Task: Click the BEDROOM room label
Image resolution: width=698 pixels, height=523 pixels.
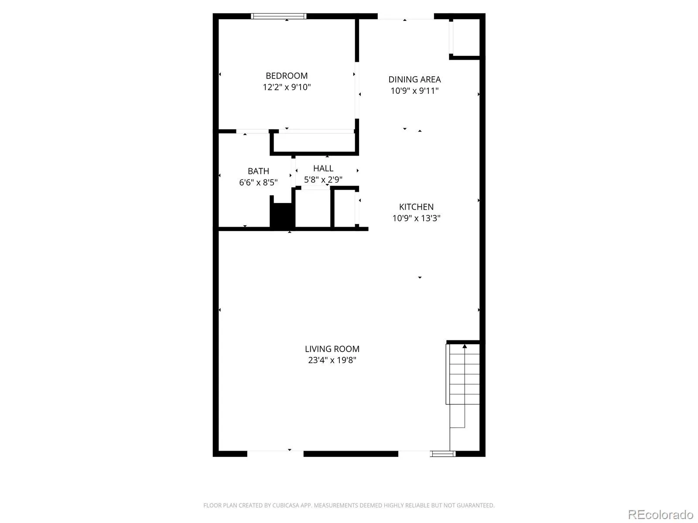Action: click(x=286, y=75)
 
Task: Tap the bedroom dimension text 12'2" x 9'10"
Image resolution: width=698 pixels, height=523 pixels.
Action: click(x=286, y=87)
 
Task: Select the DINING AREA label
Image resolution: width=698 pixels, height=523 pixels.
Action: click(x=414, y=79)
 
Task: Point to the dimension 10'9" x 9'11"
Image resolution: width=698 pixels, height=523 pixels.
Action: click(x=414, y=91)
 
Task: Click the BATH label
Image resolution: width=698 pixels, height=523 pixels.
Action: click(x=258, y=171)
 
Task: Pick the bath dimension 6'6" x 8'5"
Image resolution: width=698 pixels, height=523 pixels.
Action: click(x=258, y=182)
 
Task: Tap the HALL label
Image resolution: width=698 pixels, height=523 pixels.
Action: click(x=323, y=168)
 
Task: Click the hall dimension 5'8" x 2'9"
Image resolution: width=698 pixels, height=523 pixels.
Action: click(x=323, y=180)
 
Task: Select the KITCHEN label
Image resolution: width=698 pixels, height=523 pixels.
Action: click(x=416, y=207)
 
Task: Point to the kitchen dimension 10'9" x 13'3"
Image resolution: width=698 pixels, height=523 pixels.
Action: click(x=416, y=218)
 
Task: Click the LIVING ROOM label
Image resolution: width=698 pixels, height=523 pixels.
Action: click(x=332, y=349)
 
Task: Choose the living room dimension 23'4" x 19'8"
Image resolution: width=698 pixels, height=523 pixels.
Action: click(x=332, y=360)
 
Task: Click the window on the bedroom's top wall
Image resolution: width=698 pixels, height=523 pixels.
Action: click(x=278, y=16)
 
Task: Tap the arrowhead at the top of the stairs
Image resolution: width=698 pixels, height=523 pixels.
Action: click(x=464, y=346)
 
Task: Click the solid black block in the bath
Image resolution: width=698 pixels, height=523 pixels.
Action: click(x=281, y=215)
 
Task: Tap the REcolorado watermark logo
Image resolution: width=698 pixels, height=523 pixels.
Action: click(x=660, y=514)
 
